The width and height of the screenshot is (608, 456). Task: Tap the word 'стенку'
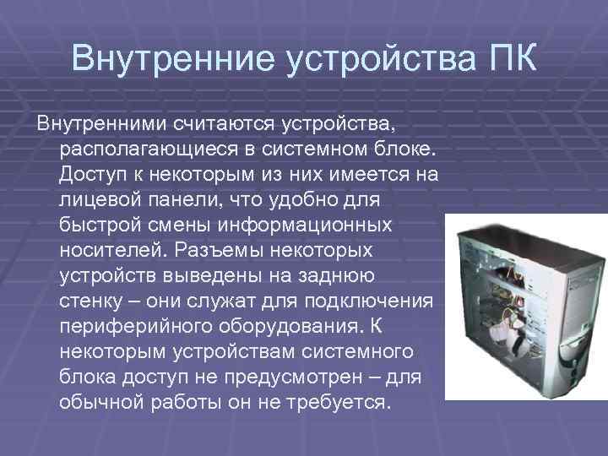tap(92, 301)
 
